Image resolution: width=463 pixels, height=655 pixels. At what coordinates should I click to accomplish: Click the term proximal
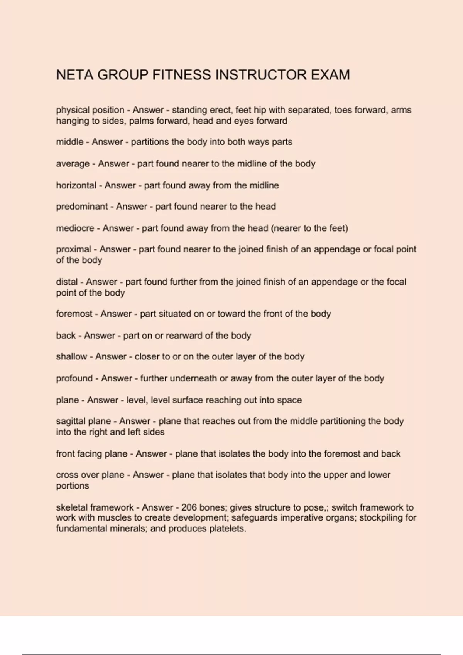[x=74, y=249]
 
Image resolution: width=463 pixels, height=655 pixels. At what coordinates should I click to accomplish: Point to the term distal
[x=67, y=282]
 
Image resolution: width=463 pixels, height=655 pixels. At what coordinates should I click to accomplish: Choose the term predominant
[x=82, y=207]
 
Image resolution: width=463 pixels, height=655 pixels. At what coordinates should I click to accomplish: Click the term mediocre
[x=75, y=228]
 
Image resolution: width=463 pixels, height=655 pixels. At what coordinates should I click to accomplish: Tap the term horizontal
[x=76, y=185]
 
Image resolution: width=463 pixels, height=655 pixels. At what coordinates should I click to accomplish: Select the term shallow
[x=71, y=357]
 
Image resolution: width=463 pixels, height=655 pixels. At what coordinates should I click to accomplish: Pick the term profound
[x=74, y=378]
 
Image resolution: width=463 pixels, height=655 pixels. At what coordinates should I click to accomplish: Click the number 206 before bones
[x=189, y=507]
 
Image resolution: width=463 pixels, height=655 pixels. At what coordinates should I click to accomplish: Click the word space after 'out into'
[x=289, y=400]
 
